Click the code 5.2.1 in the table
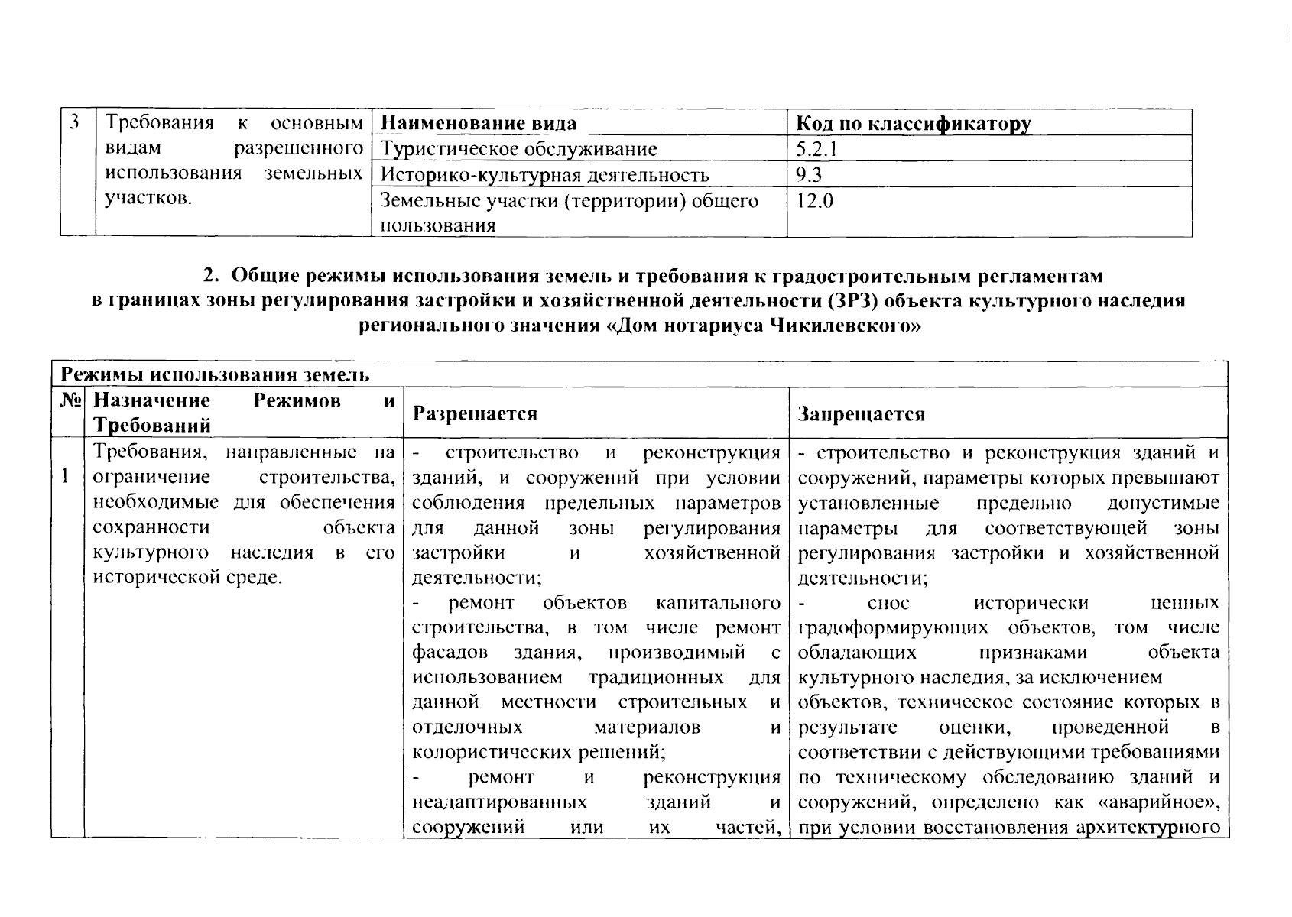[x=816, y=149]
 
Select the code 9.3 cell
[x=809, y=175]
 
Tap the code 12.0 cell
[x=815, y=201]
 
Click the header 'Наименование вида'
[x=478, y=123]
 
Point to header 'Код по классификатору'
[x=913, y=123]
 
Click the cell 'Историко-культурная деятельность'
[x=544, y=175]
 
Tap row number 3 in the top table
[x=75, y=122]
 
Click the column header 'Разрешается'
[x=475, y=413]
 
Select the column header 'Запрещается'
[x=861, y=413]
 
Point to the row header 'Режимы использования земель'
[x=215, y=374]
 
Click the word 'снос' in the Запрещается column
[x=889, y=603]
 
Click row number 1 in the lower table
[x=67, y=477]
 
